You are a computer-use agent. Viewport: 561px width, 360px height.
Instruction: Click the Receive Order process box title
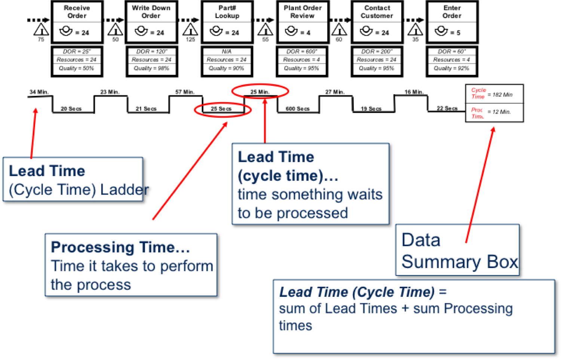coord(77,12)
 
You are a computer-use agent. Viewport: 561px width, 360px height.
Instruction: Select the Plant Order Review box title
coord(302,12)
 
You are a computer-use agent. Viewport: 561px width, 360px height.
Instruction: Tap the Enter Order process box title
coord(452,12)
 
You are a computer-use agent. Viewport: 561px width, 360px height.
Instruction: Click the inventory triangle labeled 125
coord(190,30)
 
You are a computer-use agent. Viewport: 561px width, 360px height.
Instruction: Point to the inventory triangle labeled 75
coord(41,30)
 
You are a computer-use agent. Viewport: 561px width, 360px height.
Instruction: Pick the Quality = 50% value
coord(76,68)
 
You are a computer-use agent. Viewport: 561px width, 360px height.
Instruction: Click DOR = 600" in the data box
coord(301,52)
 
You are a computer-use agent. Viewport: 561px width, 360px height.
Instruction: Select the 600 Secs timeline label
coord(297,109)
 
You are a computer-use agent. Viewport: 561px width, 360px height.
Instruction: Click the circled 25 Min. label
coord(260,92)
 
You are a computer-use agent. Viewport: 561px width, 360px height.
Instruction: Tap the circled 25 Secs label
coord(221,109)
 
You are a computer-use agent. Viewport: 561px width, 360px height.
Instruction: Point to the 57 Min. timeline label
coord(185,92)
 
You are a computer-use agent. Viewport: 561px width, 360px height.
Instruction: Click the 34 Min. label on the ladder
coord(39,92)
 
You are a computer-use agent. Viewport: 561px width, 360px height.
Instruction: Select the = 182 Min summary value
coord(500,95)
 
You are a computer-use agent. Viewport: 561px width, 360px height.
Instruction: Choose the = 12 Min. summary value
coord(499,112)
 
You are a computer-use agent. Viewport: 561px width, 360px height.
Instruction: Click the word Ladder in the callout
coord(124,190)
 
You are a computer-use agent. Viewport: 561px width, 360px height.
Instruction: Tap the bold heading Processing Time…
coord(120,247)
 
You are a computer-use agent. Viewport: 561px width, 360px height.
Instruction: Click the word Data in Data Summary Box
coord(421,240)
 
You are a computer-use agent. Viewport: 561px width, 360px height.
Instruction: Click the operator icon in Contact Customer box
coord(366,31)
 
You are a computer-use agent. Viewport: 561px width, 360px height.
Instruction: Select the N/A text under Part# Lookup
coord(227,52)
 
